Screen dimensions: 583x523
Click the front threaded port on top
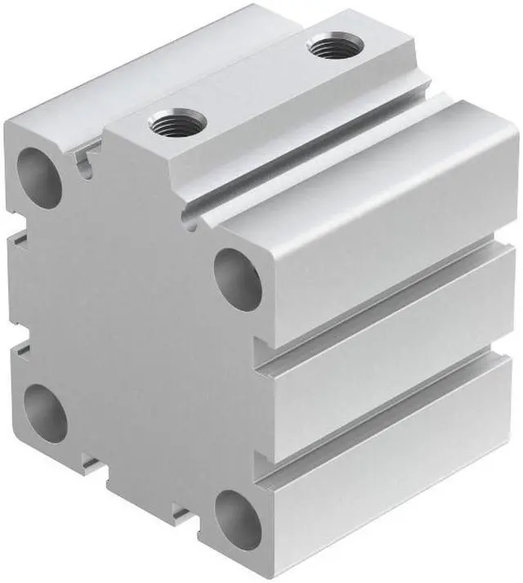178,125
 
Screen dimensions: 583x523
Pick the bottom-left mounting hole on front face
46,412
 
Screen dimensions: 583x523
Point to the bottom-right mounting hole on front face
238,518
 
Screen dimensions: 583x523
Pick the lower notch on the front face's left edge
16,350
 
